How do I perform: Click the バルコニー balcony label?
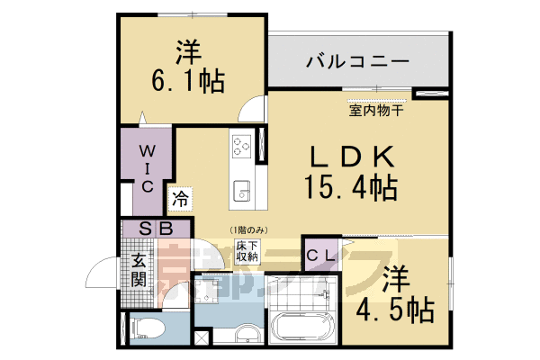[x=357, y=62]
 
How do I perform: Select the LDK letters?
[x=354, y=158]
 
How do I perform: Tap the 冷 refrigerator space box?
[x=180, y=197]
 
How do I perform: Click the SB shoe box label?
[x=156, y=229]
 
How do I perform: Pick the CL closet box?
[x=321, y=255]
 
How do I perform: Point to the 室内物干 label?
[x=376, y=112]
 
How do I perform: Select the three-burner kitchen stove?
[x=242, y=144]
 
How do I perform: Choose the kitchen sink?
[x=242, y=190]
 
